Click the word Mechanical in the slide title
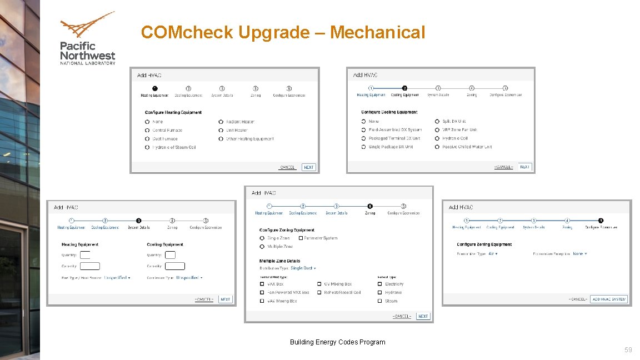pos(377,32)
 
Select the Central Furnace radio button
pos(147,130)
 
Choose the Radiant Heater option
pos(221,122)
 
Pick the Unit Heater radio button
pos(221,130)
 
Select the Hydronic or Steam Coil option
pos(147,147)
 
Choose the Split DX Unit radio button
pos(437,121)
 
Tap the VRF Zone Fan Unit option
pos(437,129)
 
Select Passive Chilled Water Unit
pos(437,147)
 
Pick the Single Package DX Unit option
pos(363,147)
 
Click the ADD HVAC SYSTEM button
pos(609,299)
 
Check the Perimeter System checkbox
pos(301,238)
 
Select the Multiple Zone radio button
pos(262,246)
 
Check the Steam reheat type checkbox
pos(380,301)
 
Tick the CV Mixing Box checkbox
pos(319,284)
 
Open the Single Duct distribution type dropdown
pos(303,268)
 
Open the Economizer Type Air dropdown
pos(493,254)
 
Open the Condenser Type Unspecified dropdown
pos(189,277)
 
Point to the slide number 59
pos(628,349)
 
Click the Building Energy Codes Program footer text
pos(337,342)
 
